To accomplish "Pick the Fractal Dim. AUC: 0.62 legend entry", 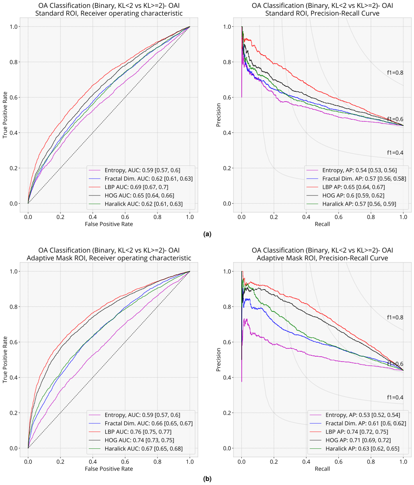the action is (141, 179).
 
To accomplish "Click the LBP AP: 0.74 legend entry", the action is (349, 432).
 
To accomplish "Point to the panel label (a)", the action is (207, 234).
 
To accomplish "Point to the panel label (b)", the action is (207, 479).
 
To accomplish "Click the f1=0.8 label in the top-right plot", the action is (395, 73).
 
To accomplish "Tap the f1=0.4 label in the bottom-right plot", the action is (395, 397).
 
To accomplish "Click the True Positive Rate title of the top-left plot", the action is (5, 115).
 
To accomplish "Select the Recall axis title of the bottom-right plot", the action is (322, 469).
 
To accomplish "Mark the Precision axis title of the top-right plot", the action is (219, 115).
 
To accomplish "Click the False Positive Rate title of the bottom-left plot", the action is (109, 469).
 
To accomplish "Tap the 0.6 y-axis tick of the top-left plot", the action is (14, 97).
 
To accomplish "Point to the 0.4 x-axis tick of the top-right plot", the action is (306, 217).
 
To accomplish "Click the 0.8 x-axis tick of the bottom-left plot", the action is (157, 462).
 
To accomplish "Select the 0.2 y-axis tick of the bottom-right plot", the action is (227, 413).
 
